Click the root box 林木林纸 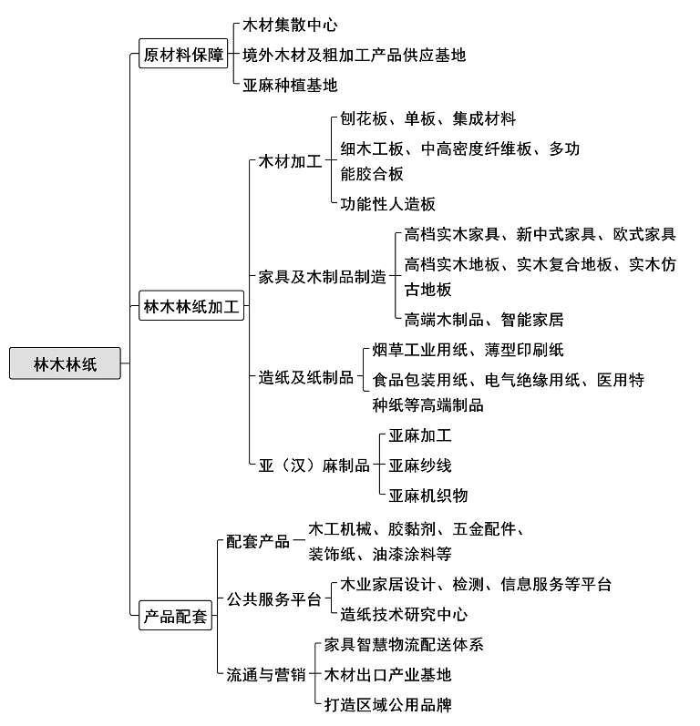pos(65,363)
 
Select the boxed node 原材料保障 pos(183,54)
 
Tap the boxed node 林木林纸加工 pos(191,305)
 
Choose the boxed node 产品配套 pos(176,616)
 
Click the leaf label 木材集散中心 pos(290,25)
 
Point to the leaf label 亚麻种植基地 pos(290,86)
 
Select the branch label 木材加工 pos(290,161)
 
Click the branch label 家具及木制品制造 pos(322,276)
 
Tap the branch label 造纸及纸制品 pos(305,377)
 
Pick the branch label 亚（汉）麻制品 pos(314,465)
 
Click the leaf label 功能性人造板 pos(387,204)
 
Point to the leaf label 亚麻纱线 pos(419,465)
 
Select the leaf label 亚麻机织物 pos(428,496)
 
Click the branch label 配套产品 pos(258,541)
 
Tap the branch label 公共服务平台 pos(273,599)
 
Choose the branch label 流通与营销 pos(266,675)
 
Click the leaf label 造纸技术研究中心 pos(404,615)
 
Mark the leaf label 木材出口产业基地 pos(387,675)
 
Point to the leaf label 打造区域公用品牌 pos(387,705)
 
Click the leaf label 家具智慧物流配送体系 pos(404,645)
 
